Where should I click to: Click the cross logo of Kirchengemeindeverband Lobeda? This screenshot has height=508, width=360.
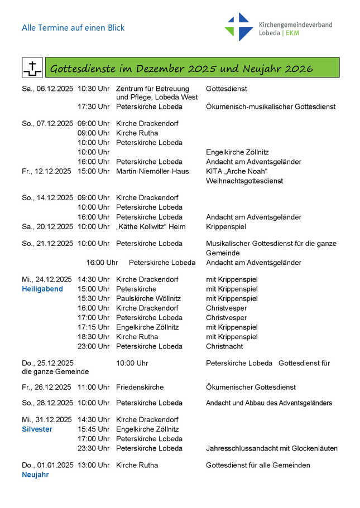point(239,27)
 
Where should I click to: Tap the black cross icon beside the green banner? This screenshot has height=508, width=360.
point(32,68)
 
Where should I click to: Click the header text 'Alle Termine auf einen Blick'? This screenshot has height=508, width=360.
point(73,27)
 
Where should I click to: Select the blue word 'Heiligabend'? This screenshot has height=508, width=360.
point(42,289)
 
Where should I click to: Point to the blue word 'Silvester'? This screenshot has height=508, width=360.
point(37,429)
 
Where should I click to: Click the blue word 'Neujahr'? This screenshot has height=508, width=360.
point(35,475)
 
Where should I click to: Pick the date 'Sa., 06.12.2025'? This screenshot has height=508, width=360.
point(47,89)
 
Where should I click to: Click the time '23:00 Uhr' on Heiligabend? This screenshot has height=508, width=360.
point(93,346)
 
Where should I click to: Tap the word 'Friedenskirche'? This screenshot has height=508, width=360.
point(140,387)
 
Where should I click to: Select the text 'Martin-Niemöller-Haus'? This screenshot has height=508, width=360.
point(152,171)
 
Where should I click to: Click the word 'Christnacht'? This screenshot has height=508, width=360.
point(225,346)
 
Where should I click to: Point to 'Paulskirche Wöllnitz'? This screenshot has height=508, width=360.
point(148,298)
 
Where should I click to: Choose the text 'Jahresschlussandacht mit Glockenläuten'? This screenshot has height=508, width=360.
point(272,448)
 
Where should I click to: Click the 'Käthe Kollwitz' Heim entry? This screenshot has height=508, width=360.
point(151,226)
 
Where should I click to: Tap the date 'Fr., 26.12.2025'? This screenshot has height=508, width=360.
point(47,387)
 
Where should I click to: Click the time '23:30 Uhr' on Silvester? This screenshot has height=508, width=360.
point(93,448)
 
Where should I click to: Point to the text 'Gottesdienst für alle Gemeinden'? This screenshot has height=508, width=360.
point(258,465)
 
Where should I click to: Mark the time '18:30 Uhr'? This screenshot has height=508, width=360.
point(93,337)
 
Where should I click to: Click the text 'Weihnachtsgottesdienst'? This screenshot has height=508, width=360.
point(244,181)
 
